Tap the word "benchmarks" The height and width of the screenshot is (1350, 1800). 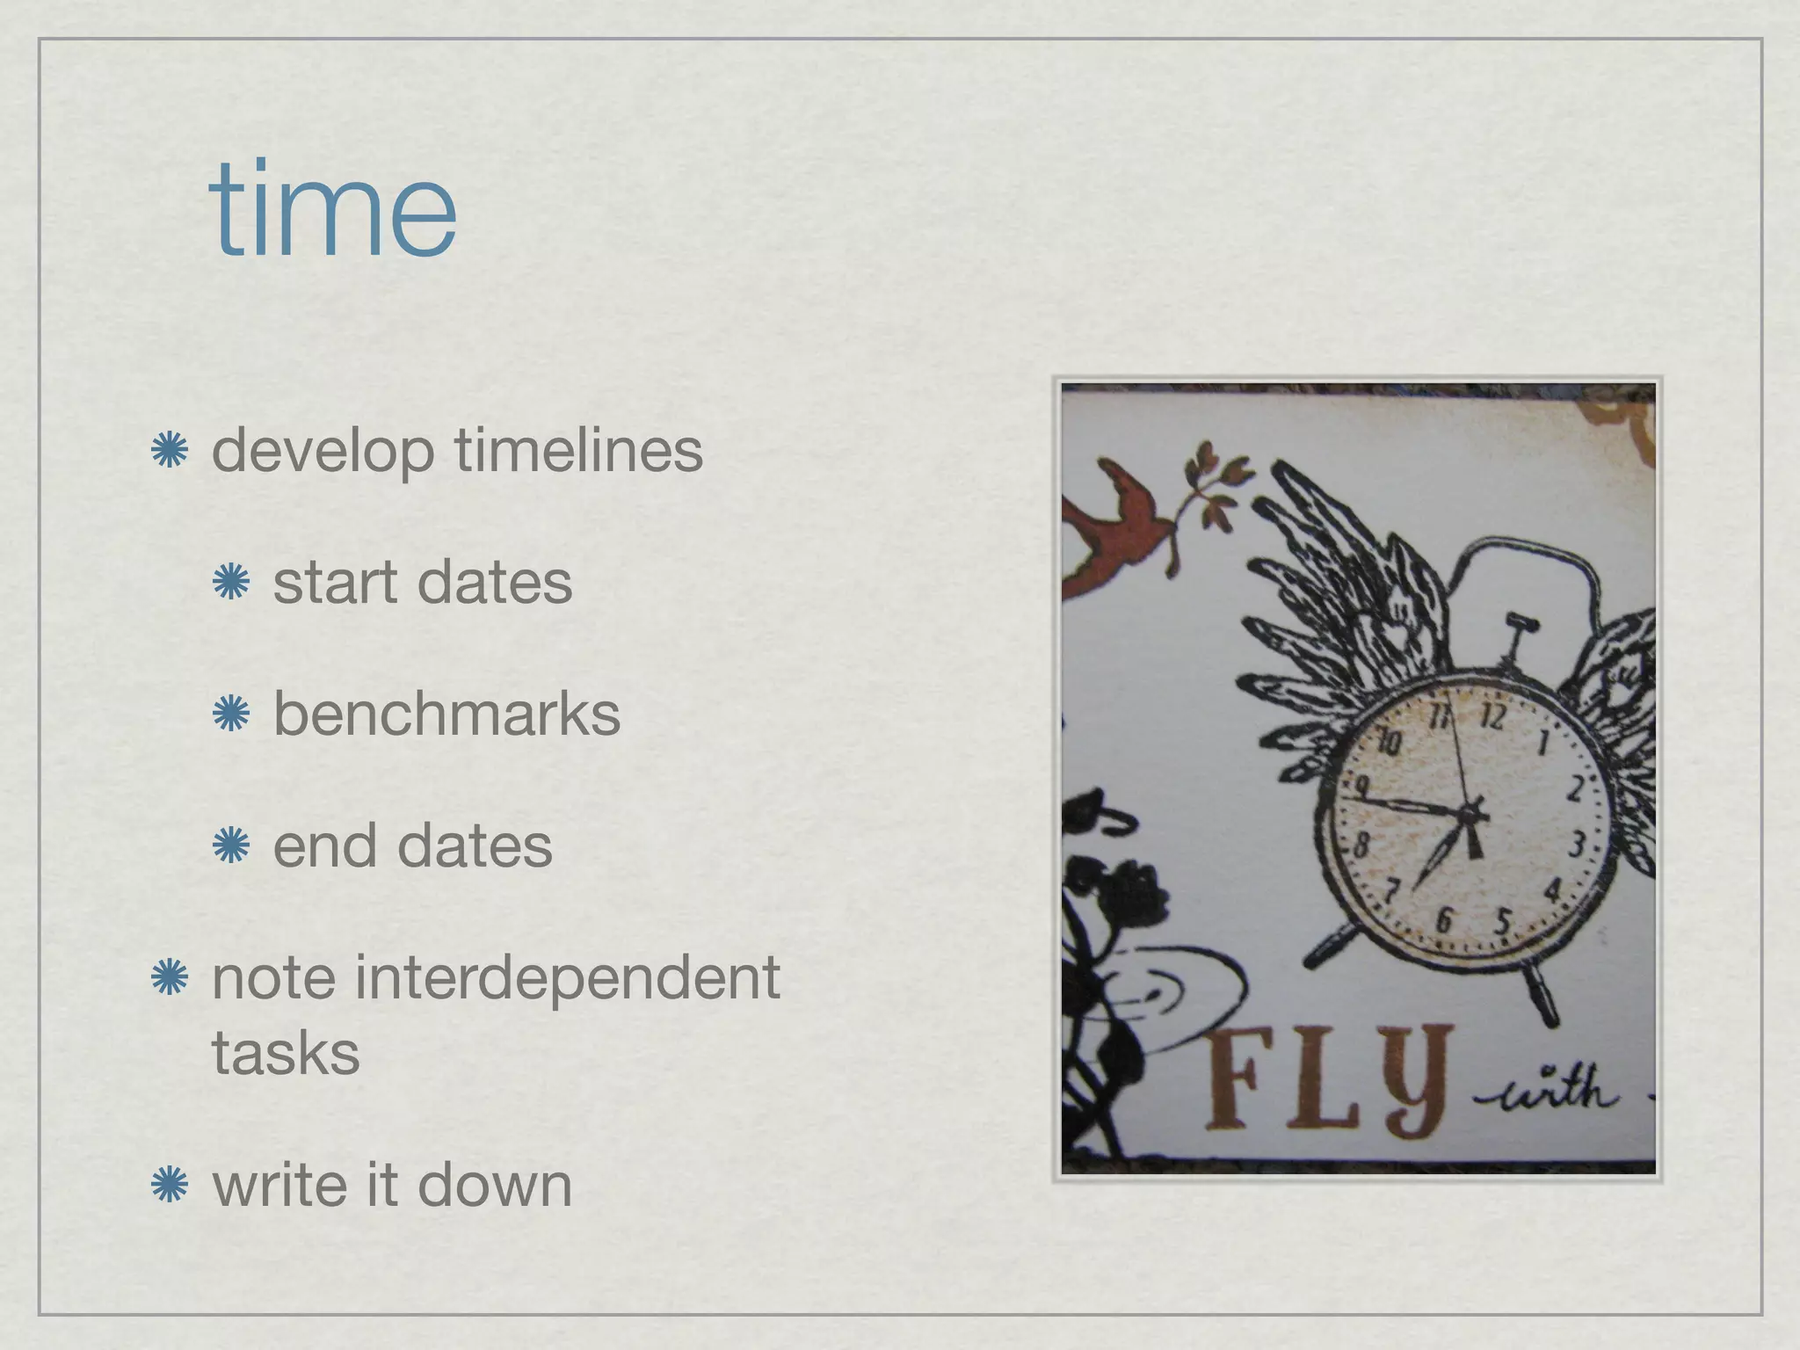click(446, 714)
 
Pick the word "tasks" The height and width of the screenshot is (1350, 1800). click(286, 1052)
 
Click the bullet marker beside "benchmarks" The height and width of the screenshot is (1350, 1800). click(231, 715)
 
